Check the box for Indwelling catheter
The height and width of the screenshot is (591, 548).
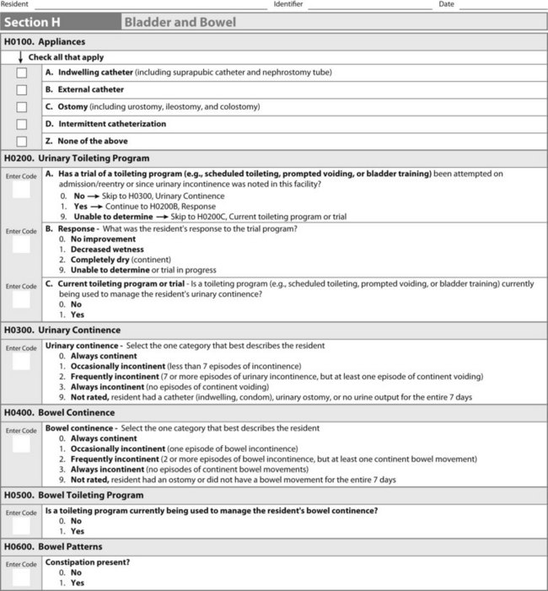click(22, 73)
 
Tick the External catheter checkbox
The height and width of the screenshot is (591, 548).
click(22, 89)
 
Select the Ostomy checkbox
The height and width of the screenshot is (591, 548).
click(22, 107)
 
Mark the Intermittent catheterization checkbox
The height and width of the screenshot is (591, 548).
click(22, 124)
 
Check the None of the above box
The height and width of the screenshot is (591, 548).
click(22, 142)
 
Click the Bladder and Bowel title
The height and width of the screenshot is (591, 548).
click(180, 22)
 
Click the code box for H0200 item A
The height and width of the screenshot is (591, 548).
click(21, 190)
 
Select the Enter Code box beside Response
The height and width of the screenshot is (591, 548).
click(21, 245)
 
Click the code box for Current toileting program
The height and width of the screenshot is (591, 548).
click(21, 300)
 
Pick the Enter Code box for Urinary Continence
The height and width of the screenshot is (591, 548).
click(21, 362)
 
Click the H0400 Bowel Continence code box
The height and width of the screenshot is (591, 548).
click(21, 444)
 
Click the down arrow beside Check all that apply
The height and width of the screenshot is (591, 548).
click(21, 57)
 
